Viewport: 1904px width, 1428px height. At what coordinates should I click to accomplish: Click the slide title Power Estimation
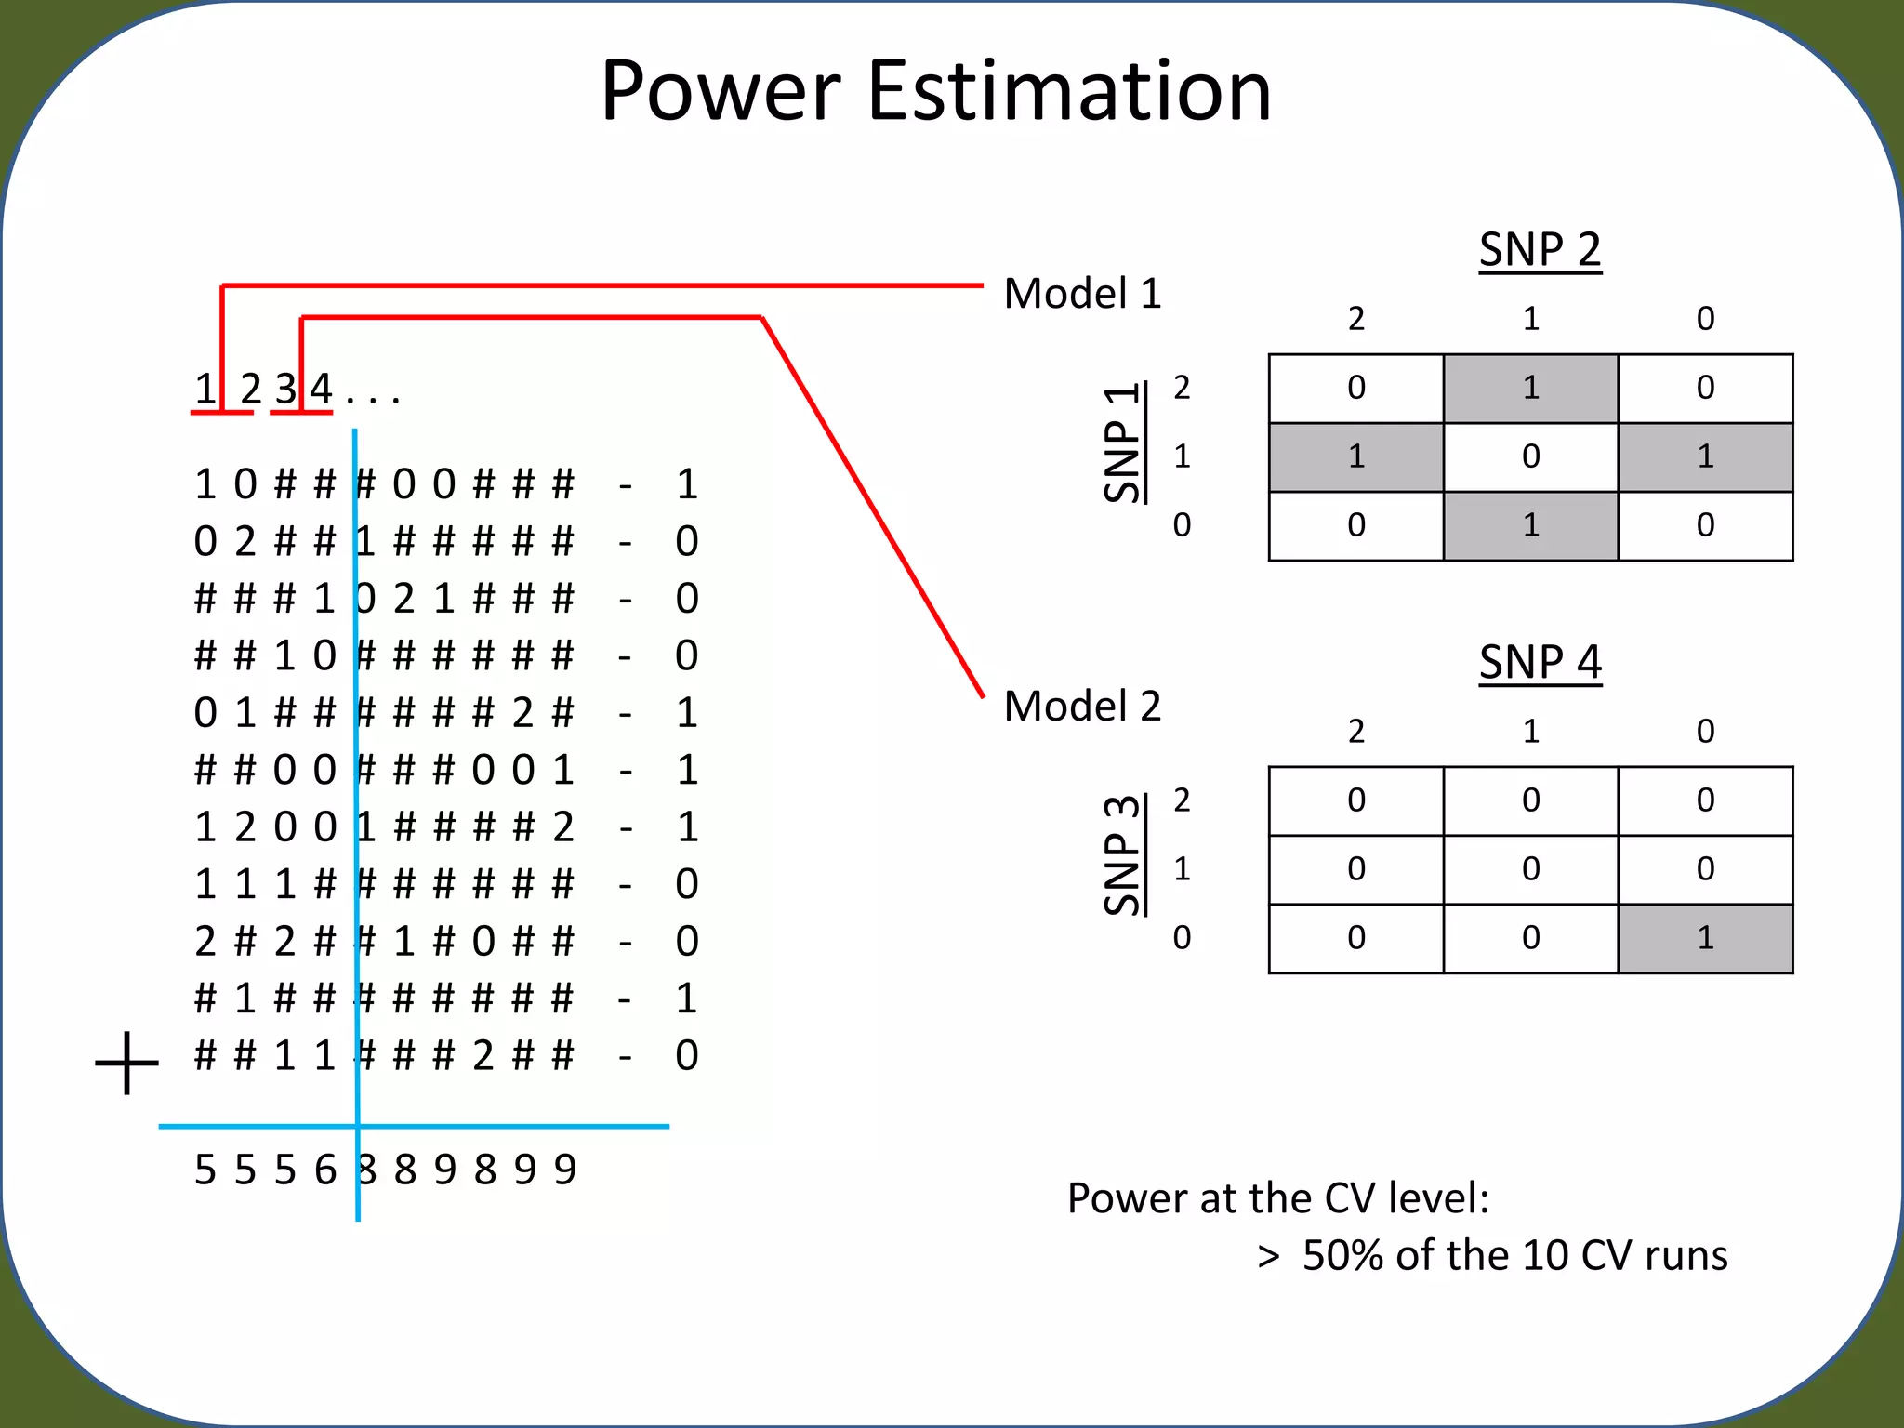pos(935,91)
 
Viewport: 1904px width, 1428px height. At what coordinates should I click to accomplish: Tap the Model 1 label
pos(1082,294)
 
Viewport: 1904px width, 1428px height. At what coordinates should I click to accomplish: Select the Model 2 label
pos(1082,707)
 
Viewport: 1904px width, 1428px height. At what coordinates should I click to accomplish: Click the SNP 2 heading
pos(1540,250)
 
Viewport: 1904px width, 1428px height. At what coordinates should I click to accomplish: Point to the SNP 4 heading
pos(1540,663)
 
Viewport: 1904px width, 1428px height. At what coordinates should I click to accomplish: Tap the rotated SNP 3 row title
pos(1122,855)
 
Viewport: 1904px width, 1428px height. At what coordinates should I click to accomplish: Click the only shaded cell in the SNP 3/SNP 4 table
pos(1705,938)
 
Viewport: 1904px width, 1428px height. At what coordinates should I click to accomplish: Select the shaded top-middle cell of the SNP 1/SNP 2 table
pos(1530,388)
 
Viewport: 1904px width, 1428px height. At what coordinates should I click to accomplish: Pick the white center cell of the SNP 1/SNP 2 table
pos(1530,456)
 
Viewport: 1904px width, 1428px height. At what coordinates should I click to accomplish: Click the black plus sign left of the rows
pos(127,1062)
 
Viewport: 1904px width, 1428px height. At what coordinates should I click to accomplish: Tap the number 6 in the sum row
pos(324,1170)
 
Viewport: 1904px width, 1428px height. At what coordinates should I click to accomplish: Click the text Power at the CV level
pos(1277,1198)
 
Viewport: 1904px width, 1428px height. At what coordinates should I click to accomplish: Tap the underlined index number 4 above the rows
pos(321,389)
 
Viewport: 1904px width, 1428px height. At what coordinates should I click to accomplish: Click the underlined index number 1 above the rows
pos(205,389)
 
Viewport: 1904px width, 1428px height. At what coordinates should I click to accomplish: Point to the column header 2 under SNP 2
pos(1356,319)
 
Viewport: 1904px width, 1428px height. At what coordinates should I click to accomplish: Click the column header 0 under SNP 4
pos(1705,732)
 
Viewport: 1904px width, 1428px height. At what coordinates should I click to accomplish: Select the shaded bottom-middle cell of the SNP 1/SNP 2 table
pos(1530,525)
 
